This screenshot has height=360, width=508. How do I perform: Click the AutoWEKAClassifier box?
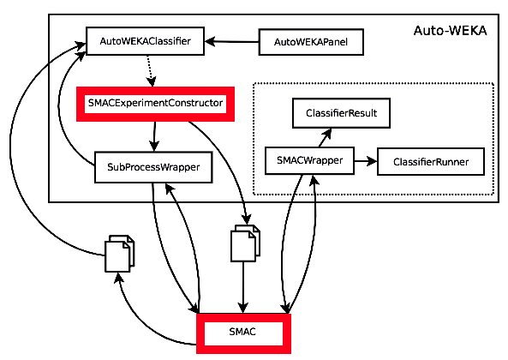point(145,41)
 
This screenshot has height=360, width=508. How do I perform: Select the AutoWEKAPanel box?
point(311,42)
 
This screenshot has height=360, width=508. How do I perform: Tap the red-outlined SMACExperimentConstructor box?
point(155,104)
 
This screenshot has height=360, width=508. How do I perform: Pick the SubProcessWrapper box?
point(153,167)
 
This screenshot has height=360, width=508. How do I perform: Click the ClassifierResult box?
point(341,113)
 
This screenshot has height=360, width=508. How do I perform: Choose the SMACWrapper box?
point(309,161)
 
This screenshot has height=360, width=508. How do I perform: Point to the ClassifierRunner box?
point(431,162)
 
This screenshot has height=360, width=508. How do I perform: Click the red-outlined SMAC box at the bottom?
point(243,333)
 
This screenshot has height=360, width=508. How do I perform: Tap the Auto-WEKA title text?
point(450,31)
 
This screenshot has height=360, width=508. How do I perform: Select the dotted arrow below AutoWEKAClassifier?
point(150,70)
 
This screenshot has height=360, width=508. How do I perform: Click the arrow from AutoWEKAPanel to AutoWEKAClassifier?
point(231,41)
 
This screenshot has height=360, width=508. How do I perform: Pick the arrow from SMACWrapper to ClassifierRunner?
point(366,161)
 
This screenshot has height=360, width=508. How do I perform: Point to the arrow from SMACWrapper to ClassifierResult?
point(325,137)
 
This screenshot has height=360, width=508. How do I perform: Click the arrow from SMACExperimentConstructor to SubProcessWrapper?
point(154,136)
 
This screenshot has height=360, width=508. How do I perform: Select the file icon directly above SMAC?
point(245,243)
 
